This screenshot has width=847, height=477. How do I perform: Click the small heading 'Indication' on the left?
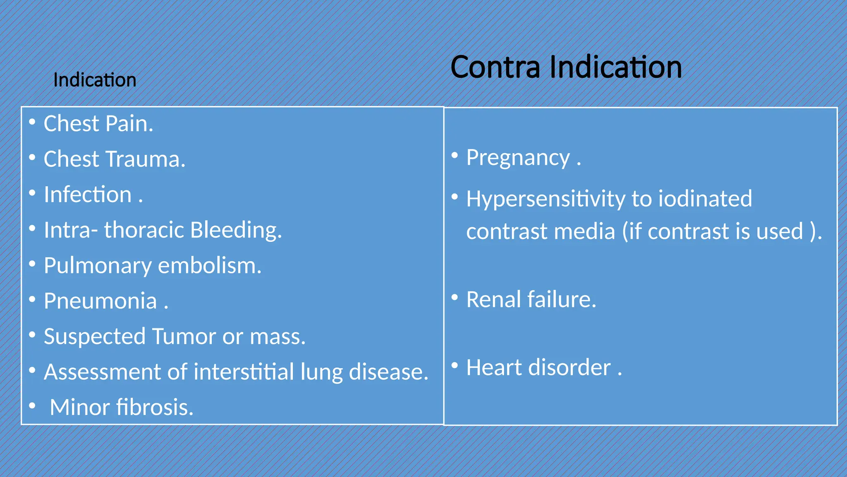(x=95, y=80)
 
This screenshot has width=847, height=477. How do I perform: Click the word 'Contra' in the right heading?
(x=495, y=67)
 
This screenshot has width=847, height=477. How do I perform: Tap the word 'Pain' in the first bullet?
(x=129, y=124)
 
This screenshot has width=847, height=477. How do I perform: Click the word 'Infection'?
(x=88, y=195)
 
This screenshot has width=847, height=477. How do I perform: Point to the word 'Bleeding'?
(x=236, y=230)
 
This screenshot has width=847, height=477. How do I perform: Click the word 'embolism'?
(x=210, y=266)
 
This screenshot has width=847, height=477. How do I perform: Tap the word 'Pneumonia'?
(x=100, y=301)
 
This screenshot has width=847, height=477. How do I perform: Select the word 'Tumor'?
(x=184, y=336)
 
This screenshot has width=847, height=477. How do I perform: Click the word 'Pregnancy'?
(x=518, y=158)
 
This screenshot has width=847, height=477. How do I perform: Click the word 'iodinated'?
(x=705, y=198)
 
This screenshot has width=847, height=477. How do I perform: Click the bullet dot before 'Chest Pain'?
(x=32, y=122)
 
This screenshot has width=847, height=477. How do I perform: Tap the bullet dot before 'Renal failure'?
(x=455, y=297)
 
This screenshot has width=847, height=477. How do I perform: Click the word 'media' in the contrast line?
(x=584, y=231)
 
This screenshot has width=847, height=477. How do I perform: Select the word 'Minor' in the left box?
(x=79, y=407)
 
